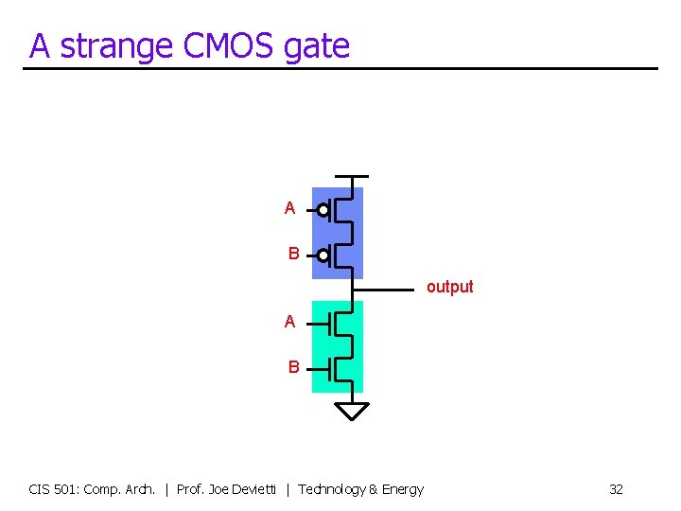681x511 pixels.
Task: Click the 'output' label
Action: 449,287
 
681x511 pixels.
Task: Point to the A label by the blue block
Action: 289,208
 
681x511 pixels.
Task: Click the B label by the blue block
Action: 294,254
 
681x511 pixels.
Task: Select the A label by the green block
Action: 289,322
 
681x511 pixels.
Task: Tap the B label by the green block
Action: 294,366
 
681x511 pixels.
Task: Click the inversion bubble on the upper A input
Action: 323,209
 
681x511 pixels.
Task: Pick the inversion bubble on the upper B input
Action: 323,255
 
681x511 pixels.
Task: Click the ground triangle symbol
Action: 352,410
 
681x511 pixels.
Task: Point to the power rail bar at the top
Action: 352,177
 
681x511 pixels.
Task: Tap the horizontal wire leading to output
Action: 388,289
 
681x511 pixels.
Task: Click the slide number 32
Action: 616,489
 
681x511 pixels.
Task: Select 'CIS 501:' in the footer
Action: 54,489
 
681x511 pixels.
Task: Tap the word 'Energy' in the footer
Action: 402,489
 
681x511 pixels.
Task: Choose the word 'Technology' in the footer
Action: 331,489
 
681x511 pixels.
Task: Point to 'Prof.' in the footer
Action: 191,489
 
